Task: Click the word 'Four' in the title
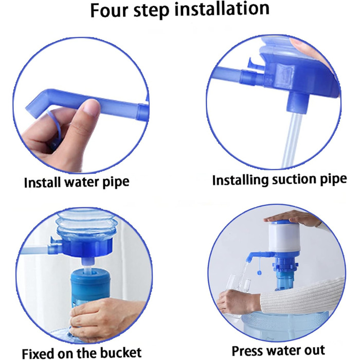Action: [109, 10]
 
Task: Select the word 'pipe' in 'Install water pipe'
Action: [116, 183]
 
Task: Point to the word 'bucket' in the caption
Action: [121, 352]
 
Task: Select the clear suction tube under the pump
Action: [290, 140]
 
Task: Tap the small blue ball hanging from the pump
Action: [259, 273]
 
